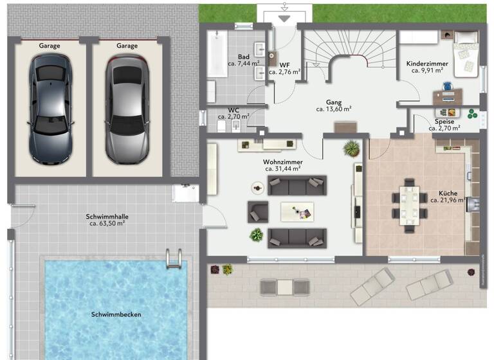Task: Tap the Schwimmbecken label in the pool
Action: point(116,314)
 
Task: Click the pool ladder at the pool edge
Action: point(174,258)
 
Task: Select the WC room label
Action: point(233,110)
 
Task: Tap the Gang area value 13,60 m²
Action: point(333,109)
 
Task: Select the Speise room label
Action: point(444,122)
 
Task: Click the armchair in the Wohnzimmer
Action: point(258,211)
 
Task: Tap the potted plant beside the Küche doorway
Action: point(351,148)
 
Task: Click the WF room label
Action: point(284,64)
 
